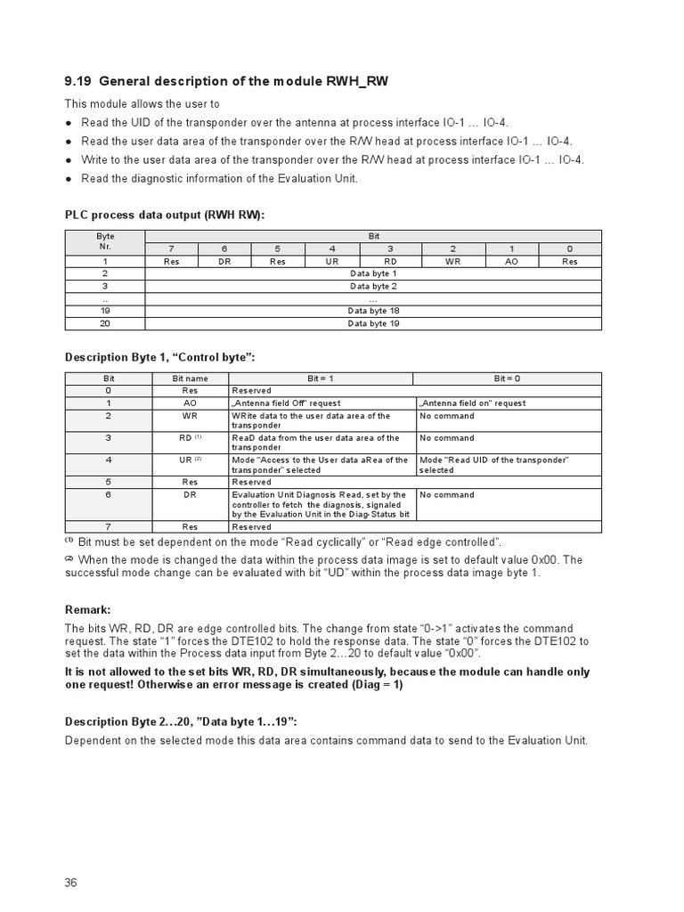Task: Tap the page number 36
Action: (71, 883)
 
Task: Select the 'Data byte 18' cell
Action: (373, 311)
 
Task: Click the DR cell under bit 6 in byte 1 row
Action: (224, 261)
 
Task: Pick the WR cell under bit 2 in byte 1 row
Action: (452, 261)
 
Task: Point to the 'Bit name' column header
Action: (190, 379)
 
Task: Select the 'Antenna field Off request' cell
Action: (286, 403)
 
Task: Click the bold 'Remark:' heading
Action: (88, 610)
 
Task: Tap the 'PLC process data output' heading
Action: (165, 215)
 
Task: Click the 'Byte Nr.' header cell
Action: (105, 242)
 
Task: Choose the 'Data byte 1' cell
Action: (373, 273)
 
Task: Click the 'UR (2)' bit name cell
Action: (190, 460)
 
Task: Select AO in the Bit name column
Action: (190, 403)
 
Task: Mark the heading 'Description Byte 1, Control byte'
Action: (160, 357)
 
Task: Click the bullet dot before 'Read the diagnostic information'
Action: (69, 178)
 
